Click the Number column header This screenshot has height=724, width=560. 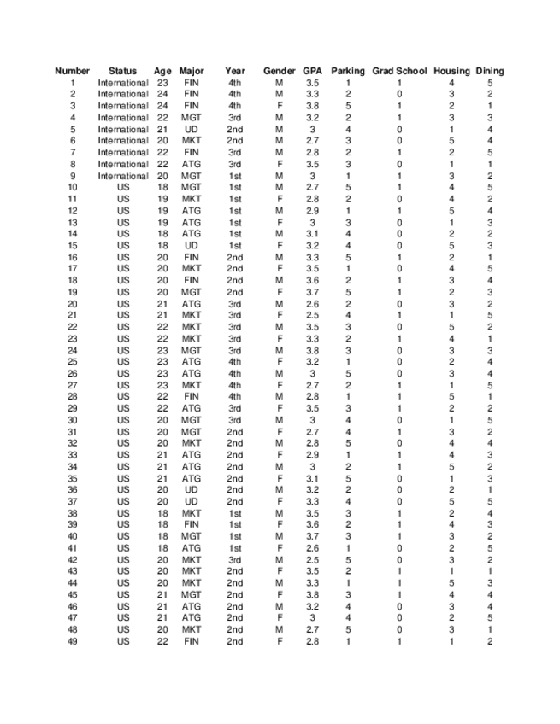pyautogui.click(x=73, y=71)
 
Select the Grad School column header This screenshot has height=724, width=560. pyautogui.click(x=398, y=71)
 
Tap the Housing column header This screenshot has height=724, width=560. pyautogui.click(x=451, y=71)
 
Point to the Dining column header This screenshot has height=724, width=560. pyautogui.click(x=490, y=71)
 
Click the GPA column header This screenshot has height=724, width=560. pyautogui.click(x=312, y=71)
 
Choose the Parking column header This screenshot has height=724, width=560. pyautogui.click(x=348, y=71)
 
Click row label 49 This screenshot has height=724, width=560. pyautogui.click(x=73, y=641)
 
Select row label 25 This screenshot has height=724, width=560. pyautogui.click(x=73, y=362)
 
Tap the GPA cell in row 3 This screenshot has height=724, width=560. pyautogui.click(x=312, y=106)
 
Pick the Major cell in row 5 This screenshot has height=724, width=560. pyautogui.click(x=192, y=129)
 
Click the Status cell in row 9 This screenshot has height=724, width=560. pyautogui.click(x=123, y=176)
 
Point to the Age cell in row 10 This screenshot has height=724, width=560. pyautogui.click(x=162, y=187)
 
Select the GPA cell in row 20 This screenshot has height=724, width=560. pyautogui.click(x=312, y=304)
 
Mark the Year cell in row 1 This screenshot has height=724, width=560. pyautogui.click(x=235, y=83)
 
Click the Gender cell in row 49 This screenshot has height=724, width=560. pyautogui.click(x=280, y=641)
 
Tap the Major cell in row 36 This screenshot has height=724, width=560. pyautogui.click(x=192, y=490)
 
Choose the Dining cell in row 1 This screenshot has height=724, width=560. pyautogui.click(x=490, y=83)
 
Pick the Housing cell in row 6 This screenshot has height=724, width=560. pyautogui.click(x=451, y=141)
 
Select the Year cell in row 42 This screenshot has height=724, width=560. pyautogui.click(x=235, y=560)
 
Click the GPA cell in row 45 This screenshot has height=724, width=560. pyautogui.click(x=312, y=595)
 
